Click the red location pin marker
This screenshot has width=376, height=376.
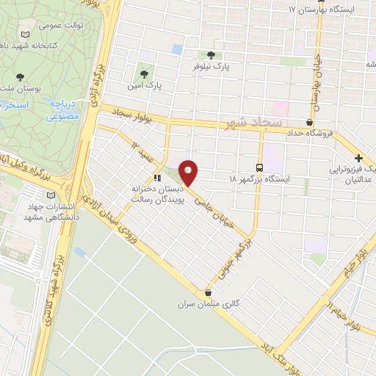tap(189, 172)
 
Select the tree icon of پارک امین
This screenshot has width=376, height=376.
tap(142, 73)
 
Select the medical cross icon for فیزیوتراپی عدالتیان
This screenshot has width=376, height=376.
tap(358, 158)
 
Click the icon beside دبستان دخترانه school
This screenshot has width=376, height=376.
tap(156, 178)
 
